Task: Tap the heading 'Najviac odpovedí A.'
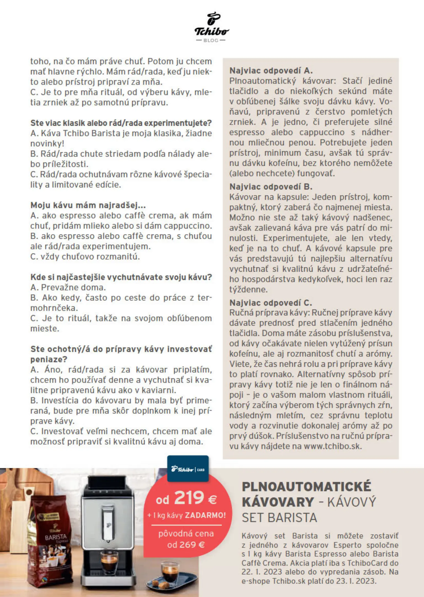(x=271, y=71)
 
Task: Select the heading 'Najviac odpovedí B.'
(x=271, y=187)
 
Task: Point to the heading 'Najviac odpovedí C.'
(x=271, y=303)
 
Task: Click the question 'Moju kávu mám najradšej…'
(x=88, y=205)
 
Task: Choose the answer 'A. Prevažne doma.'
(x=68, y=287)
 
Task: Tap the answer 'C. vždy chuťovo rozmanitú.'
(x=85, y=257)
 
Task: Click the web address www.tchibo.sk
(x=332, y=446)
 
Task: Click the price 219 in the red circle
(x=189, y=498)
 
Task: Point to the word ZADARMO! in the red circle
(x=205, y=515)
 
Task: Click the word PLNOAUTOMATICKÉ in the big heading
(x=306, y=487)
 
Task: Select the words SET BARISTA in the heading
(x=279, y=518)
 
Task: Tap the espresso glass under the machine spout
(x=109, y=561)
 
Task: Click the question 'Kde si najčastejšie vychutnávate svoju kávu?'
(x=121, y=277)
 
